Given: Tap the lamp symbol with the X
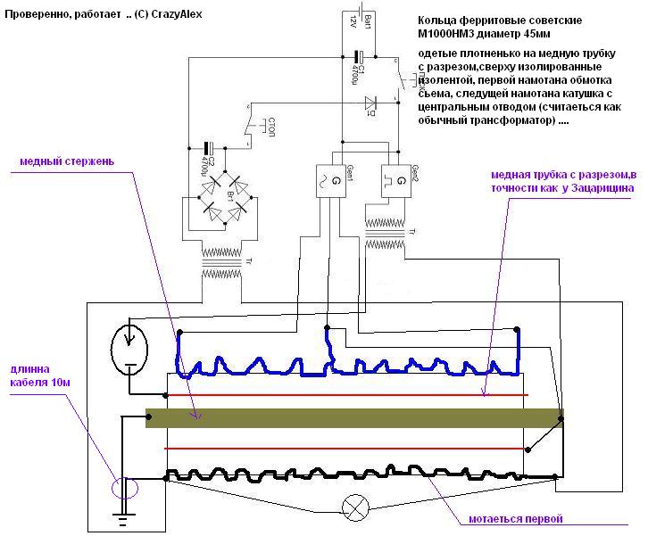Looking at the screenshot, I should click(x=356, y=510).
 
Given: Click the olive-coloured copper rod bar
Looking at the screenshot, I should click(x=353, y=417).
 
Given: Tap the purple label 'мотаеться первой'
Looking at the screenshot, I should click(x=516, y=518).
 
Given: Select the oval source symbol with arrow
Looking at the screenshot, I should click(x=130, y=347).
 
